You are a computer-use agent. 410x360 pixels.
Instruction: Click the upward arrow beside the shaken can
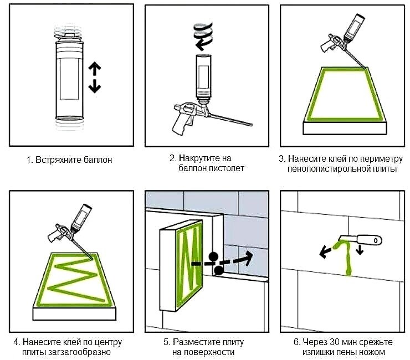[94, 69]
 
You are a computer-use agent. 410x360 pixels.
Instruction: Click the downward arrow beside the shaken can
[94, 86]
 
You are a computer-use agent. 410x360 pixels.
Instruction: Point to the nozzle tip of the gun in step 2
[252, 125]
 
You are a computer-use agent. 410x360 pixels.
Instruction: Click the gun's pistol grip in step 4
[53, 235]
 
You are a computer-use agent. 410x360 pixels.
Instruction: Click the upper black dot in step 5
[213, 257]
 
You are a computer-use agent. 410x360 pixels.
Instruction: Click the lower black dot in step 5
[219, 270]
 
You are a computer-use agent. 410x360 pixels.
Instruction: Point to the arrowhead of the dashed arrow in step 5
[248, 257]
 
